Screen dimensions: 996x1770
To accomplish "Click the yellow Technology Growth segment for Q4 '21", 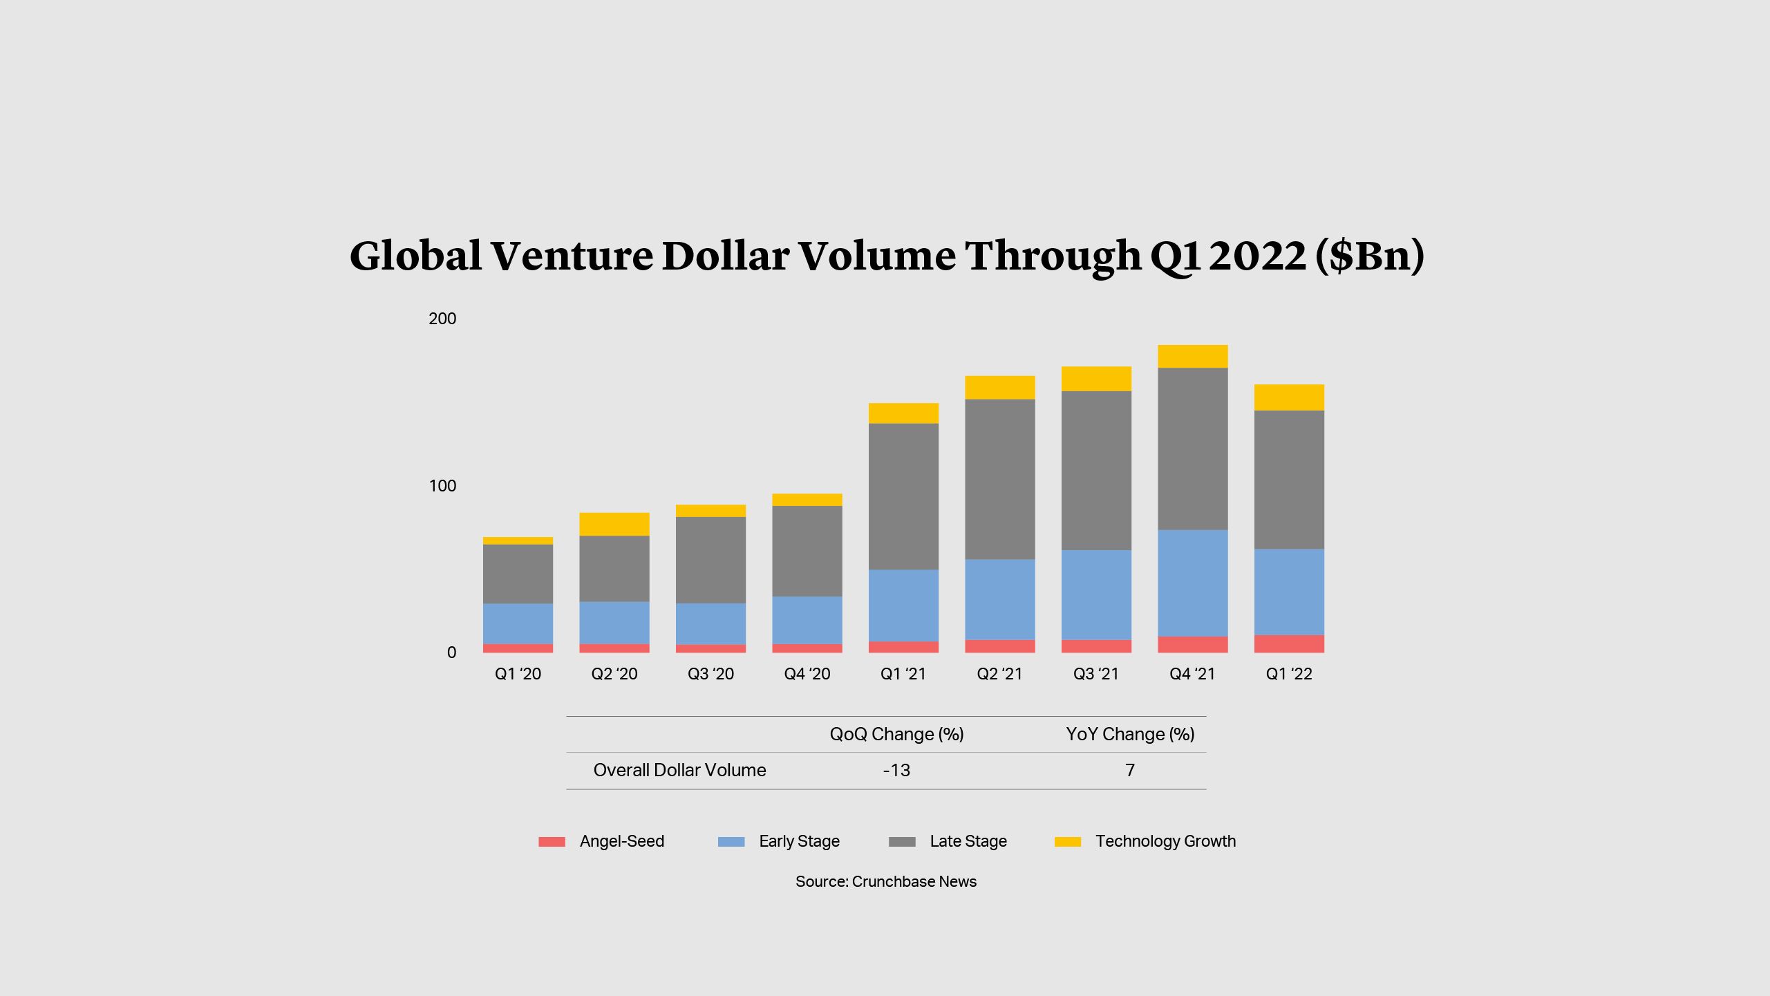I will click(x=1193, y=357).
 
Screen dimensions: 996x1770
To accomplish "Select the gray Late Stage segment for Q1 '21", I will click(x=903, y=496).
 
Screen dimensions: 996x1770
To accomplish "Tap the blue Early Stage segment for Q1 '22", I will click(x=1289, y=592).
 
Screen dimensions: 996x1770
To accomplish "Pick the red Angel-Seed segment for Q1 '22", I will click(x=1289, y=643).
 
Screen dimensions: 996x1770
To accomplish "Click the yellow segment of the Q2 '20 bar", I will click(x=614, y=524).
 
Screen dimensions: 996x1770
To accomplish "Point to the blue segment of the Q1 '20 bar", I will click(x=518, y=623).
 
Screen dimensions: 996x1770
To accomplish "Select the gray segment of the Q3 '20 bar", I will click(x=710, y=560).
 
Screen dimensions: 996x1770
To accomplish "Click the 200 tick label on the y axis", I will click(x=442, y=319).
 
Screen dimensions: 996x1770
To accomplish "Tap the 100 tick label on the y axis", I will click(x=442, y=486).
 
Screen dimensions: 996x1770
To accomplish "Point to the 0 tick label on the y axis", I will click(x=451, y=652).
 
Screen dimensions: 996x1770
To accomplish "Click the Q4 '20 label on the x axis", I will click(x=807, y=674).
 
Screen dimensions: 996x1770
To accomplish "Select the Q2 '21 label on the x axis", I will click(x=999, y=674).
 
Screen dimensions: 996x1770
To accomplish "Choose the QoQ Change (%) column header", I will click(x=896, y=734).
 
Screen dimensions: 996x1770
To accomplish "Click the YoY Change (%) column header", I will click(x=1130, y=734).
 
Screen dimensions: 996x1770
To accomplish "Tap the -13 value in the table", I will click(x=896, y=770).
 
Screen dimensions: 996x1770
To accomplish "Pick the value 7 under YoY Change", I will click(x=1130, y=770).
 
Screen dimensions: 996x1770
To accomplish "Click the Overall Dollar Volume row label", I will click(x=679, y=770).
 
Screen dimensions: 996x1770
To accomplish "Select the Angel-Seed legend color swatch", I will click(x=552, y=842).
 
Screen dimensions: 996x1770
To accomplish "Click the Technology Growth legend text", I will click(x=1165, y=841).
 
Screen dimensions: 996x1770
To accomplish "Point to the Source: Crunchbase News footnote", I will click(x=886, y=881).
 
